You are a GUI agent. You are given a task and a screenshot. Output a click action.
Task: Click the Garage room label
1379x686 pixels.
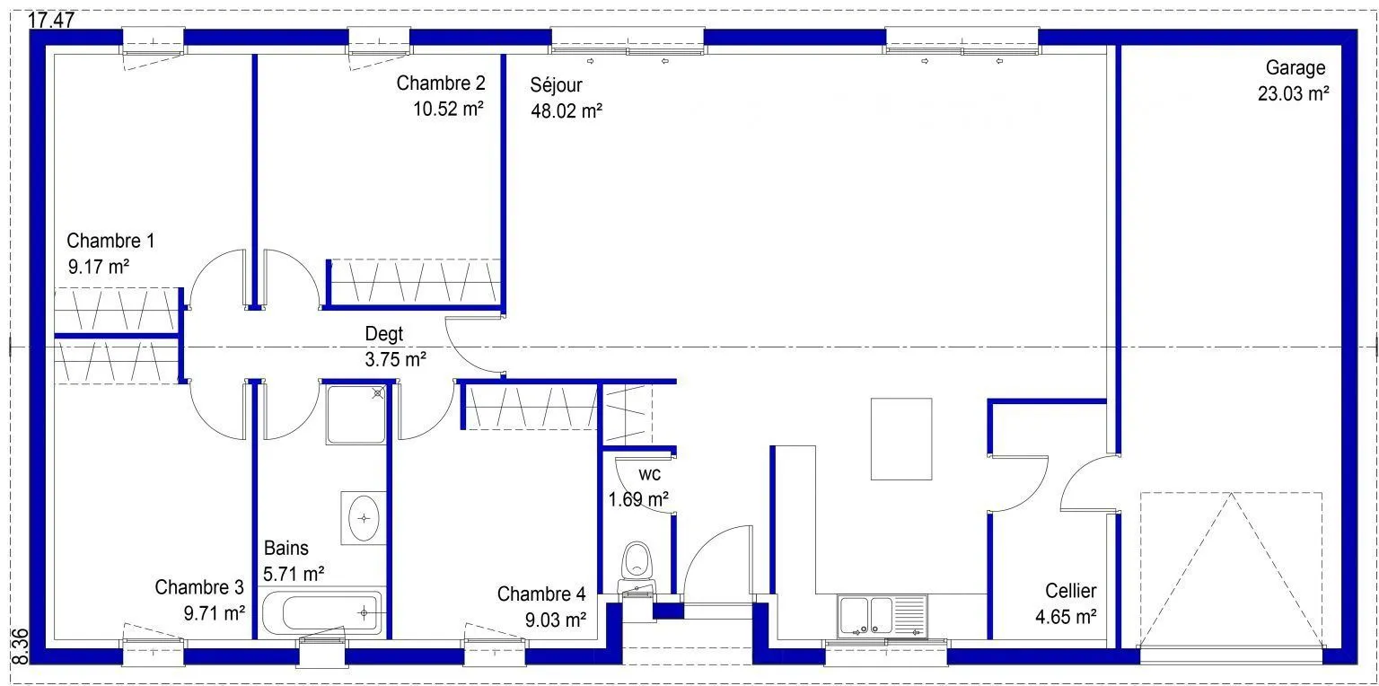tap(1296, 67)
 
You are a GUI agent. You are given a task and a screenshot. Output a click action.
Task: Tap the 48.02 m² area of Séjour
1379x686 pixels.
tap(567, 110)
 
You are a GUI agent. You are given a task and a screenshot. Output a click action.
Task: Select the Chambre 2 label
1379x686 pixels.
tap(441, 83)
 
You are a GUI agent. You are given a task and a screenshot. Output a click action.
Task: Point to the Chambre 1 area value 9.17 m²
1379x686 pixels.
tap(99, 267)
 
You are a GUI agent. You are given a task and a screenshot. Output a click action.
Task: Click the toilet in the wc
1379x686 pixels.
tap(637, 567)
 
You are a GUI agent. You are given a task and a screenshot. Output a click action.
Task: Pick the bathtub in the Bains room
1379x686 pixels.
tap(322, 612)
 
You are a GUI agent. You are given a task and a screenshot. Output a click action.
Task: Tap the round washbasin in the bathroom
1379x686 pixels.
tap(364, 518)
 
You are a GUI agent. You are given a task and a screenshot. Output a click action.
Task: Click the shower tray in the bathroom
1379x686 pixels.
tap(356, 415)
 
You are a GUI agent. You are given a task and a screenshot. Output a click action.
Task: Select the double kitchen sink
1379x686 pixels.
tap(883, 616)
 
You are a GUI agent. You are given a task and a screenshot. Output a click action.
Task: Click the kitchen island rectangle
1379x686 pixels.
tap(901, 438)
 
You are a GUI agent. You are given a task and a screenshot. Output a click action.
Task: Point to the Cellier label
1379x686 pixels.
tap(1070, 591)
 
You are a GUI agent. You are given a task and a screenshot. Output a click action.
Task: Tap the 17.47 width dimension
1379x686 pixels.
tap(51, 20)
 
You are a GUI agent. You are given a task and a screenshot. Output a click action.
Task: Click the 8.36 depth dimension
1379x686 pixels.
tap(20, 646)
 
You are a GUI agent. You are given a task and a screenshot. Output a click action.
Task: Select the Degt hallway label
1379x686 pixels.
tap(384, 334)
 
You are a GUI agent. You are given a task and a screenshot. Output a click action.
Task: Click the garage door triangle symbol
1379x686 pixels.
tap(1231, 569)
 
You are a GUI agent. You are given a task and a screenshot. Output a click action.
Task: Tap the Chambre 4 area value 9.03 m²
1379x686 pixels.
tap(556, 620)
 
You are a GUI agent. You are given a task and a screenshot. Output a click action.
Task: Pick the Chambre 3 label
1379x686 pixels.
tap(198, 587)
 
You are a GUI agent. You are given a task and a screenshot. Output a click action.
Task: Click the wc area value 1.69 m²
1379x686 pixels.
tap(638, 499)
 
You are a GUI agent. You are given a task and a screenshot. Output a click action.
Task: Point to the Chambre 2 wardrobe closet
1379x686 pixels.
tap(413, 283)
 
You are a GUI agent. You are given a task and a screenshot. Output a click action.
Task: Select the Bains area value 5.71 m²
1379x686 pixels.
tap(294, 574)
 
